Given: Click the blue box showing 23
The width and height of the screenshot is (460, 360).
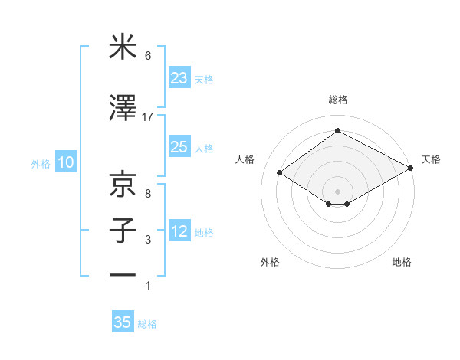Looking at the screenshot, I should point(179,78).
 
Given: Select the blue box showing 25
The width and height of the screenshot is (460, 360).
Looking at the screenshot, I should point(179,147).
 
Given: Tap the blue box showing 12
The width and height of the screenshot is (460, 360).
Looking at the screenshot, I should point(179,231).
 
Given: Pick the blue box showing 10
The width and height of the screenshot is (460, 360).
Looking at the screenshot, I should point(65,162).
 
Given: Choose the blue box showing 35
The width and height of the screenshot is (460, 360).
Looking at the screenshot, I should point(123,322).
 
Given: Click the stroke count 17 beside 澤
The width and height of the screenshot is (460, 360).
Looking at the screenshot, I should point(148,117).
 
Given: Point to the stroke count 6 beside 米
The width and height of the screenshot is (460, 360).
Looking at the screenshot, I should point(148,56).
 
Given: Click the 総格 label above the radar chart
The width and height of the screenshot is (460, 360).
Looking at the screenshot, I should point(337,100).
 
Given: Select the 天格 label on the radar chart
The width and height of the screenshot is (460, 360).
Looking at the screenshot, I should point(431,159).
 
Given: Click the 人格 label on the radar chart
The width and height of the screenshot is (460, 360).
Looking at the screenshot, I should point(245,159).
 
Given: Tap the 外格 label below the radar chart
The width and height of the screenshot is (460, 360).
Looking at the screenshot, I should point(270,262).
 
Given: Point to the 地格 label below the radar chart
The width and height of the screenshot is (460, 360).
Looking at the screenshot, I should point(402,262).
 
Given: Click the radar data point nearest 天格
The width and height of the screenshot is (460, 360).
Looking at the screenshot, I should point(411,169).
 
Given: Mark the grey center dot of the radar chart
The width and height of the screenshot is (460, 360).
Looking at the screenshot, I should point(337,190).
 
